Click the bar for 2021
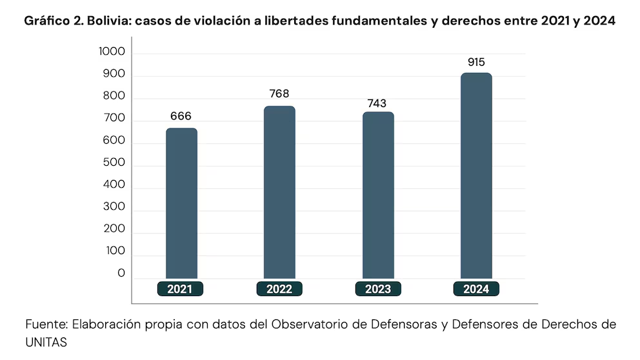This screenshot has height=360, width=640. tap(181, 203)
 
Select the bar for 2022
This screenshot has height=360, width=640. tap(279, 192)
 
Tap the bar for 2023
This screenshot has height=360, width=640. tap(378, 195)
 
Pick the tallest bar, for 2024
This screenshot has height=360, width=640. tap(476, 175)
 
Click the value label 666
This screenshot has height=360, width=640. tap(181, 116)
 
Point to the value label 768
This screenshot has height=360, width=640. tap(279, 94)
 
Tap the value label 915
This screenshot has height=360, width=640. tap(476, 62)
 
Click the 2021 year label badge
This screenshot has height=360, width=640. tap(180, 289)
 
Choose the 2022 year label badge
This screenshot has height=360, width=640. tap(279, 289)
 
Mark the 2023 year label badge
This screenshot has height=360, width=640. tap(378, 289)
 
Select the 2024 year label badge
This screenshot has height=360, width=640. tap(476, 289)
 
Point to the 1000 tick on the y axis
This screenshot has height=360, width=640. tap(112, 52)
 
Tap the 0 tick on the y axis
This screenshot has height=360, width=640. tap(121, 274)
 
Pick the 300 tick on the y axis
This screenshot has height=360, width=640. tap(114, 208)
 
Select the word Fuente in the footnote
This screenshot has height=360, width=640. tap(45, 324)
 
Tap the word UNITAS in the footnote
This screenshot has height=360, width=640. tap(46, 343)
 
